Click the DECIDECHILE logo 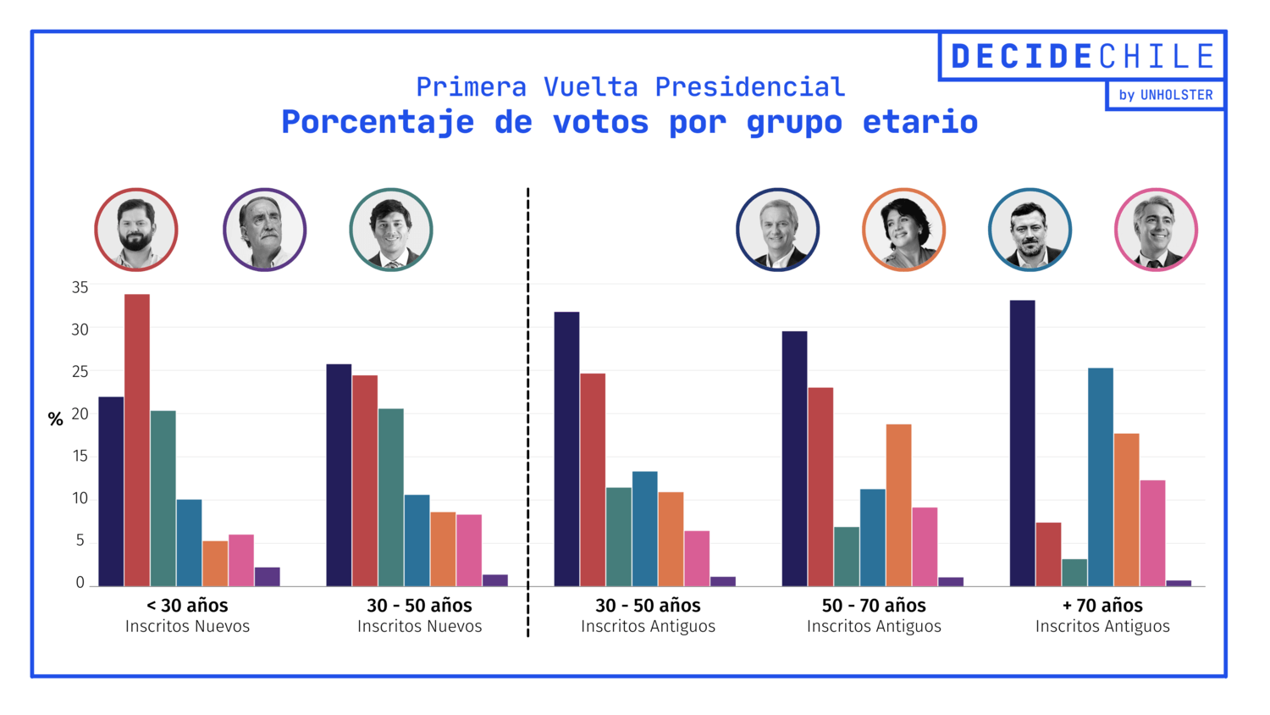point(1082,57)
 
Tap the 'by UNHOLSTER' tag point(1165,95)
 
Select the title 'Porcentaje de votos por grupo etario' point(629,122)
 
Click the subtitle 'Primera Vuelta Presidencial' point(630,86)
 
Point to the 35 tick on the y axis point(80,288)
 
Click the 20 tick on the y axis point(80,414)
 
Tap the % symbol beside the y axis point(56,419)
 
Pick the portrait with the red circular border point(136,230)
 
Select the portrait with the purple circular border point(264,230)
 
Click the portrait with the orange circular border point(903,230)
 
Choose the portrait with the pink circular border point(1156,230)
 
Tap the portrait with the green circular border point(391,230)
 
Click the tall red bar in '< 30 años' point(137,441)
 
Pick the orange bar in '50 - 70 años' point(898,505)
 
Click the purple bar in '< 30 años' point(268,577)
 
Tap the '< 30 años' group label point(187,606)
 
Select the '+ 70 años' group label point(1102,606)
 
